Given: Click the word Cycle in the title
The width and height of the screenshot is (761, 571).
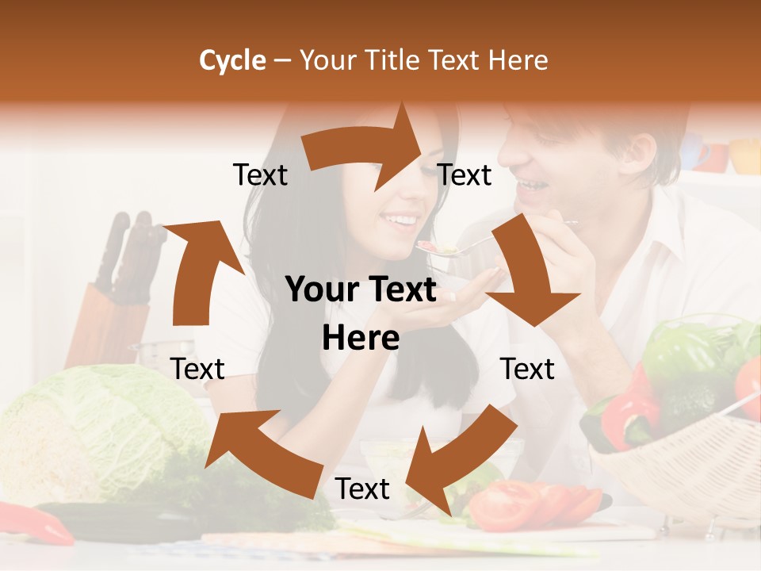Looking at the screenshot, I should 232,60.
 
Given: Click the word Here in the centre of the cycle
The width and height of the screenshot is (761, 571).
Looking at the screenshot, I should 361,339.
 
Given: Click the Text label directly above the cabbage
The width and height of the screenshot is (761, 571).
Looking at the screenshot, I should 197,369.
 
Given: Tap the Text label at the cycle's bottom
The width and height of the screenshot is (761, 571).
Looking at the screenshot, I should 361,489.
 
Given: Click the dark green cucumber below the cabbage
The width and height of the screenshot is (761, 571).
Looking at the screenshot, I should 119,519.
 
